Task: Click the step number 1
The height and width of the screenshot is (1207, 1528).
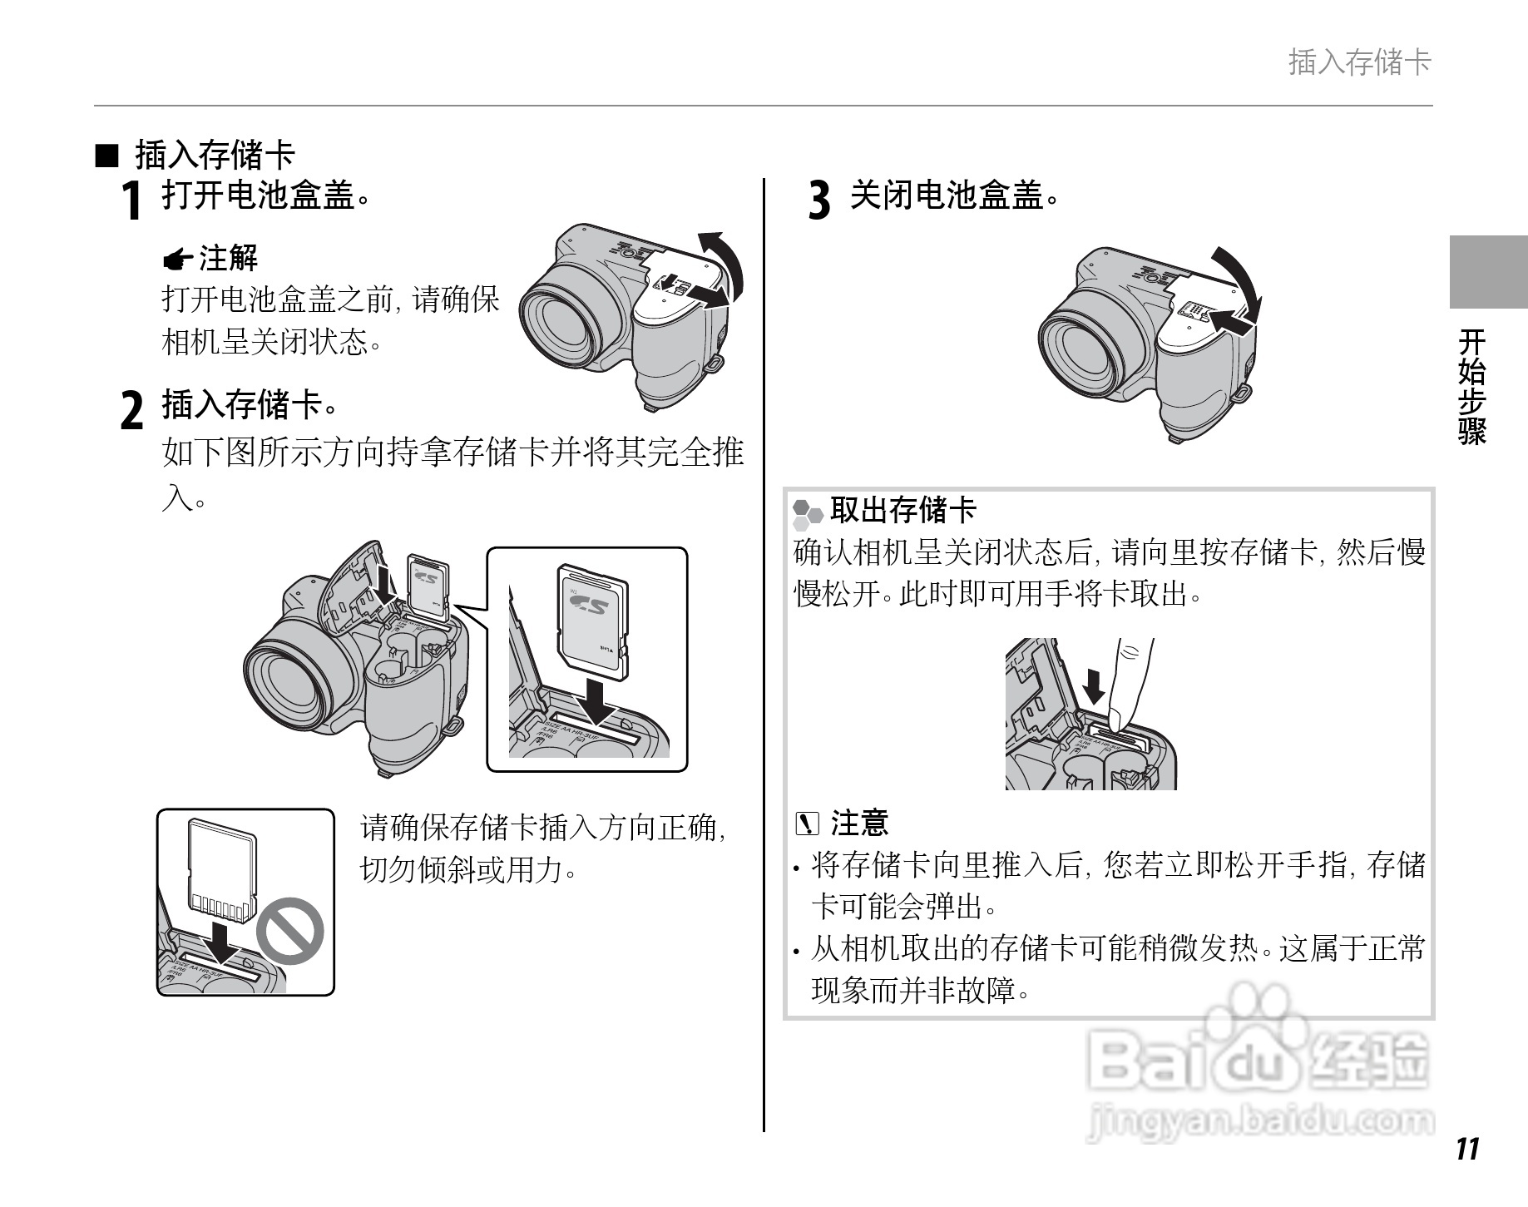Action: [x=131, y=200]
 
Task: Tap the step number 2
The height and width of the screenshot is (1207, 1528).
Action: [x=132, y=410]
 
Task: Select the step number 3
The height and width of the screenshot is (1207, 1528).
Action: [x=819, y=200]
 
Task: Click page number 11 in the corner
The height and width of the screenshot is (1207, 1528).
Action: [x=1468, y=1148]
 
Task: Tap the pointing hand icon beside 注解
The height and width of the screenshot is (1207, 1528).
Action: [x=178, y=260]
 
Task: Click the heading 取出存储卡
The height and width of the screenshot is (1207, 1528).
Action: [x=902, y=510]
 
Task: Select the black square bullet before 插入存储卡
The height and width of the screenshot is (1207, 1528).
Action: [x=107, y=155]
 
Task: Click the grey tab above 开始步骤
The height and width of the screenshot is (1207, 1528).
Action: [x=1488, y=272]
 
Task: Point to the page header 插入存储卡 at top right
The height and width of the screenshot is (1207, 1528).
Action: [x=1360, y=62]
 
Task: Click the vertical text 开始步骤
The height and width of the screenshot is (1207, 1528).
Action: [x=1471, y=387]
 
